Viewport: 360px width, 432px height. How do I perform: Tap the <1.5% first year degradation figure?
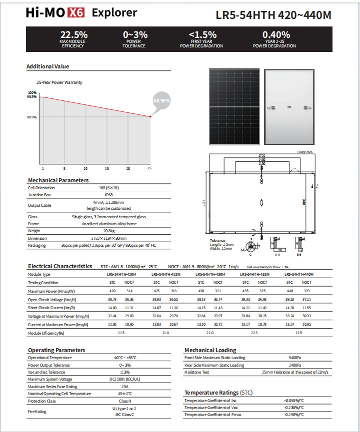pos(203,35)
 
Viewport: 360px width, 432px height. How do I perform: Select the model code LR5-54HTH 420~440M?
pos(273,15)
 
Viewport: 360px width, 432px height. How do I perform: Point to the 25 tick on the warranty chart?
pos(149,169)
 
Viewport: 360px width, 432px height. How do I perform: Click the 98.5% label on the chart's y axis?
pos(32,96)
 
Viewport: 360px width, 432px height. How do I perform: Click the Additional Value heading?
pos(47,66)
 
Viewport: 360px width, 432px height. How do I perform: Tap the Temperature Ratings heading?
pos(218,393)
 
